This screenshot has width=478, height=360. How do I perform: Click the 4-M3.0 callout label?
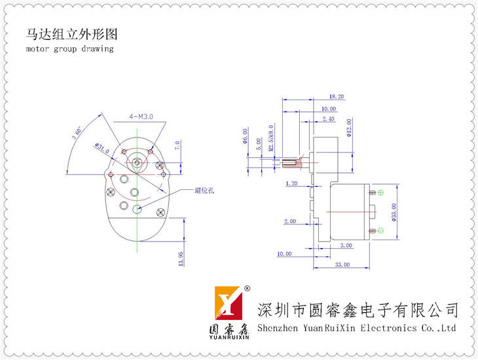pyautogui.click(x=141, y=117)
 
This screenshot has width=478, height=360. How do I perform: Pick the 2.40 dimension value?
pyautogui.click(x=328, y=119)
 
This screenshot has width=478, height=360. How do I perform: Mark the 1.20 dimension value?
pyautogui.click(x=292, y=184)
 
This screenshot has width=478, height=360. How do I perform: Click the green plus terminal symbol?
pyautogui.click(x=381, y=192)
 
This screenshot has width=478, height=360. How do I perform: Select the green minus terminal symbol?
pyautogui.click(x=381, y=230)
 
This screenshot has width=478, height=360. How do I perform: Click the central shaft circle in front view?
pyautogui.click(x=136, y=161)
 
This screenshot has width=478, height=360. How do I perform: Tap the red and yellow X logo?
pyautogui.click(x=230, y=302)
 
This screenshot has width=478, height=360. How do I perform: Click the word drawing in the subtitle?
pyautogui.click(x=98, y=49)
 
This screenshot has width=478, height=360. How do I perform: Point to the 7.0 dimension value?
pyautogui.click(x=177, y=145)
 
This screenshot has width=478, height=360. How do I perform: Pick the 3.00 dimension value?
pyautogui.click(x=346, y=245)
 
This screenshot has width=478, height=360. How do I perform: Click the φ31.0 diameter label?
pyautogui.click(x=103, y=150)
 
